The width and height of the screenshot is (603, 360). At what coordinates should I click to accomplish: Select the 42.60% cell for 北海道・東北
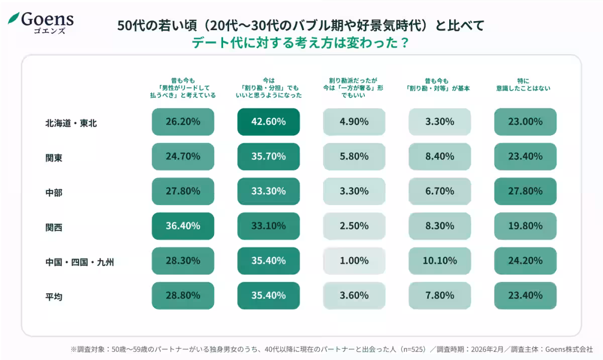(268, 122)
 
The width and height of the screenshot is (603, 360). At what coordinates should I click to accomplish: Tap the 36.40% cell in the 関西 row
(183, 226)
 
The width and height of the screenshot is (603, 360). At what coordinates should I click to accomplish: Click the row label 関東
(54, 157)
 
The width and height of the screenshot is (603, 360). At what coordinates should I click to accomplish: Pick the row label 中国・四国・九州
(79, 261)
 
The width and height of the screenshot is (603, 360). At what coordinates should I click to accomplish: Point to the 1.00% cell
(354, 261)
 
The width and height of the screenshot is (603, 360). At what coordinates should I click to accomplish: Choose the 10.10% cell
(440, 261)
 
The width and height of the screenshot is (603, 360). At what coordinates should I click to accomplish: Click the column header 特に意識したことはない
(525, 84)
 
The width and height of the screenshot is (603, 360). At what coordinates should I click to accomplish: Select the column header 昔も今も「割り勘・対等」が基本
(440, 84)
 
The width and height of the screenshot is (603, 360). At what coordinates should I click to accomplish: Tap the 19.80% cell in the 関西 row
(525, 226)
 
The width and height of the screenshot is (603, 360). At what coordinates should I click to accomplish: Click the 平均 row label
(54, 296)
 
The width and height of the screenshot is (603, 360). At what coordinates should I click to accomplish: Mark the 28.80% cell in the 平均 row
(183, 296)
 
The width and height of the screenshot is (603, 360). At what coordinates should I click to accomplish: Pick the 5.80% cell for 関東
(354, 156)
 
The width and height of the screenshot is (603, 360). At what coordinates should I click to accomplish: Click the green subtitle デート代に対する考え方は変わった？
(300, 43)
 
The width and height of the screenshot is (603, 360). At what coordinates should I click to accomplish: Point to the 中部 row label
(54, 192)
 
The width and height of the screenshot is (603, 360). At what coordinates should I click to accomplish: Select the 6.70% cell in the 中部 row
(440, 191)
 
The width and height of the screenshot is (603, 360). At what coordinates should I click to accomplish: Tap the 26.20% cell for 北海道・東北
(183, 122)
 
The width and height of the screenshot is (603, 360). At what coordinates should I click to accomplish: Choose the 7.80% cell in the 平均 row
(440, 296)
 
